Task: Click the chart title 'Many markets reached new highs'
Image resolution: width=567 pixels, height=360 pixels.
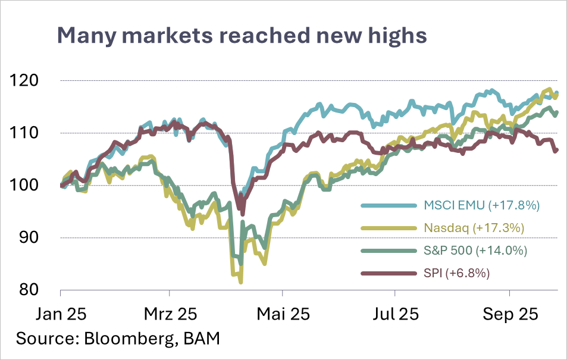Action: pos(242,36)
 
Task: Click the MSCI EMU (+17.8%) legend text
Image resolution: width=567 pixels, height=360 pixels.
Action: pos(481,206)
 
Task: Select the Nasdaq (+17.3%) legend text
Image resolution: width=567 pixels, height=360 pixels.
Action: pos(474,228)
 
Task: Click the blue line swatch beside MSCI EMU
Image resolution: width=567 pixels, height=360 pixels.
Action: pos(388,206)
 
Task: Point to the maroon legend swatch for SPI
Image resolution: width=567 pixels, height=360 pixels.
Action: pos(388,273)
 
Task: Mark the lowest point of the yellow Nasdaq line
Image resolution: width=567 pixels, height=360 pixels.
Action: pos(240,281)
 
